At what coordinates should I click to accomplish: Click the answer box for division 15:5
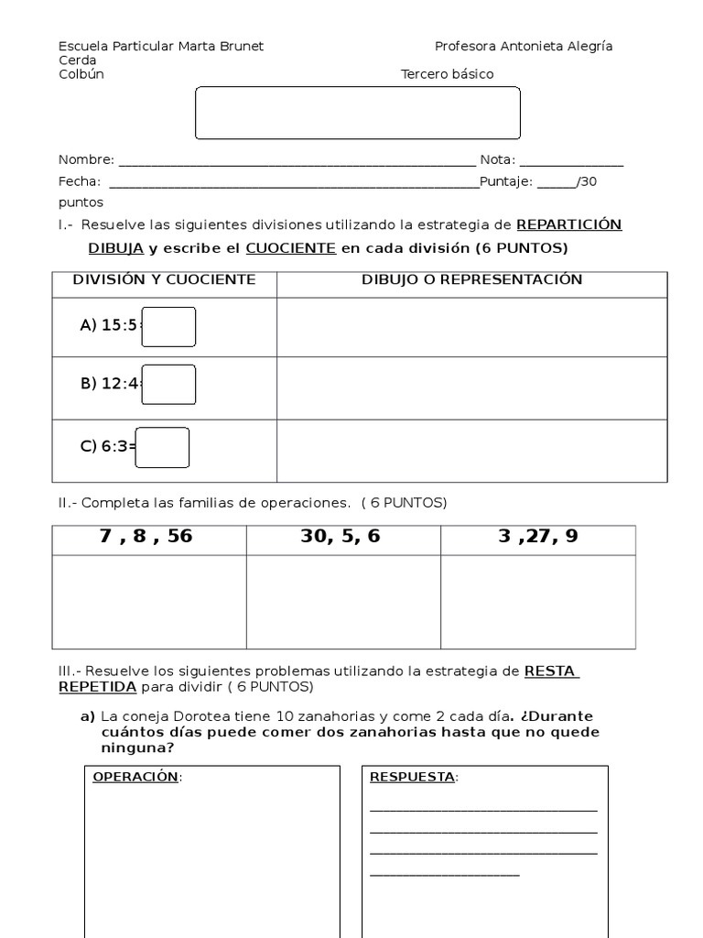tap(168, 327)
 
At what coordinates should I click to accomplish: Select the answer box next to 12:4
tap(168, 385)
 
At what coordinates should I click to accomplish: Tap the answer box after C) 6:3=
tap(163, 447)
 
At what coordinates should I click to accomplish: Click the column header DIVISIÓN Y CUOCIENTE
tap(165, 279)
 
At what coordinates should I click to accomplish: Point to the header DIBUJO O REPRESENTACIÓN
tap(471, 279)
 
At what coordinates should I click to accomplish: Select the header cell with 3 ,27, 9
tap(538, 538)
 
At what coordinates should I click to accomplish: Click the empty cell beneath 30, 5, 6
tap(342, 600)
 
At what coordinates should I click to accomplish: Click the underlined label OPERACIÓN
tap(136, 777)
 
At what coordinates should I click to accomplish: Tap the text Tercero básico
tap(448, 74)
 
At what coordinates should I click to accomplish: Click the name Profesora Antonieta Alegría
tap(524, 46)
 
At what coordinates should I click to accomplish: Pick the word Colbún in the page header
tap(81, 74)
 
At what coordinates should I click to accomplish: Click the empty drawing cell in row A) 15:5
tap(471, 327)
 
